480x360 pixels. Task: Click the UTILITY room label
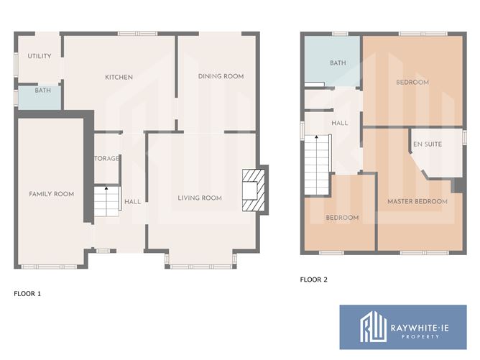coord(39,56)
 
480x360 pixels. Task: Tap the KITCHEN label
coord(119,77)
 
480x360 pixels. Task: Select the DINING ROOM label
coord(221,76)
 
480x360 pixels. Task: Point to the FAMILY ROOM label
coord(52,194)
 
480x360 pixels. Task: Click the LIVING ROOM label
coord(200,198)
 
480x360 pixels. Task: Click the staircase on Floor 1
coord(106,201)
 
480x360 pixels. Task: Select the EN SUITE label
coord(427,144)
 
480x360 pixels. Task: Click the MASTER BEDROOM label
coord(417,201)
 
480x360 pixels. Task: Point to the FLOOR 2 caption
coord(313,280)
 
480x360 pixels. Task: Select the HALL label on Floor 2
coord(339,123)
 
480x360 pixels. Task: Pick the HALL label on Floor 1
coord(132,202)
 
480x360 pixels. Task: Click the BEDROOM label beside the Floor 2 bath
coord(412,82)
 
